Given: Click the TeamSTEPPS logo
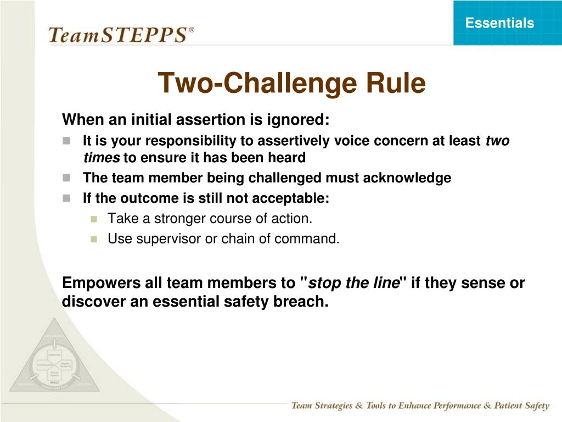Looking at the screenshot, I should (x=118, y=35).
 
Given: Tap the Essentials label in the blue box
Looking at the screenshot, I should (x=499, y=23).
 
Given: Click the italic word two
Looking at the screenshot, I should (x=498, y=141).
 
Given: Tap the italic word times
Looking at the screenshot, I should (x=102, y=158).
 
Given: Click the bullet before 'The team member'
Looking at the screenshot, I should (x=67, y=178).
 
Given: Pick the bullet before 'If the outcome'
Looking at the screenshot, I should (x=67, y=198).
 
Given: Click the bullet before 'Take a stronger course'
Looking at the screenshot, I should (x=93, y=219).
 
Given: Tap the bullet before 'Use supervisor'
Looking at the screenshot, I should (x=93, y=239).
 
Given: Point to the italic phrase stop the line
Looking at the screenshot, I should (x=353, y=284).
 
